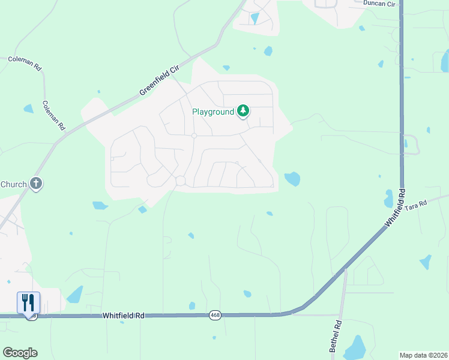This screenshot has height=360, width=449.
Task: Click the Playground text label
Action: pos(212,112)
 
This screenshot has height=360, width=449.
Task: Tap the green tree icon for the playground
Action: pos(243,111)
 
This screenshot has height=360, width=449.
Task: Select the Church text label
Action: pos(13,184)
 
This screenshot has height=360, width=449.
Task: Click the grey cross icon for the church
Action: pos(36,184)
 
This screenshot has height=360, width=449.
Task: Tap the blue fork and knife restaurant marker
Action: pos(28,302)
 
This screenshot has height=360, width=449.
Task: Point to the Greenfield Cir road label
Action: pos(160,80)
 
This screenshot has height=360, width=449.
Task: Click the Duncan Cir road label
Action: pos(380,4)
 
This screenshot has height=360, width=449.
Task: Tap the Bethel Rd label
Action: pos(336,336)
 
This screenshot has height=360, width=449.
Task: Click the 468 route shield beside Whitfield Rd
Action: pos(214,315)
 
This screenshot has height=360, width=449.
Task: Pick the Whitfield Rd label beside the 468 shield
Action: pos(124,315)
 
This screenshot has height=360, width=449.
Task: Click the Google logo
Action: pos(20,353)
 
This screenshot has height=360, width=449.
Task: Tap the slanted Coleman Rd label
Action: pos(53,115)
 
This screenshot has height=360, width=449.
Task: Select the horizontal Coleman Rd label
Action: pos(24,60)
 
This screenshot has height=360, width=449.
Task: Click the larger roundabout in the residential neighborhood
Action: pos(180,181)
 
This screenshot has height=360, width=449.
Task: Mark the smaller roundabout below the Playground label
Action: pos(194,136)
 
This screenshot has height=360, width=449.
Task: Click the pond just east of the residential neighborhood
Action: pos(292,178)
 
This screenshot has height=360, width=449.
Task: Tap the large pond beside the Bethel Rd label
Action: pos(356,347)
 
